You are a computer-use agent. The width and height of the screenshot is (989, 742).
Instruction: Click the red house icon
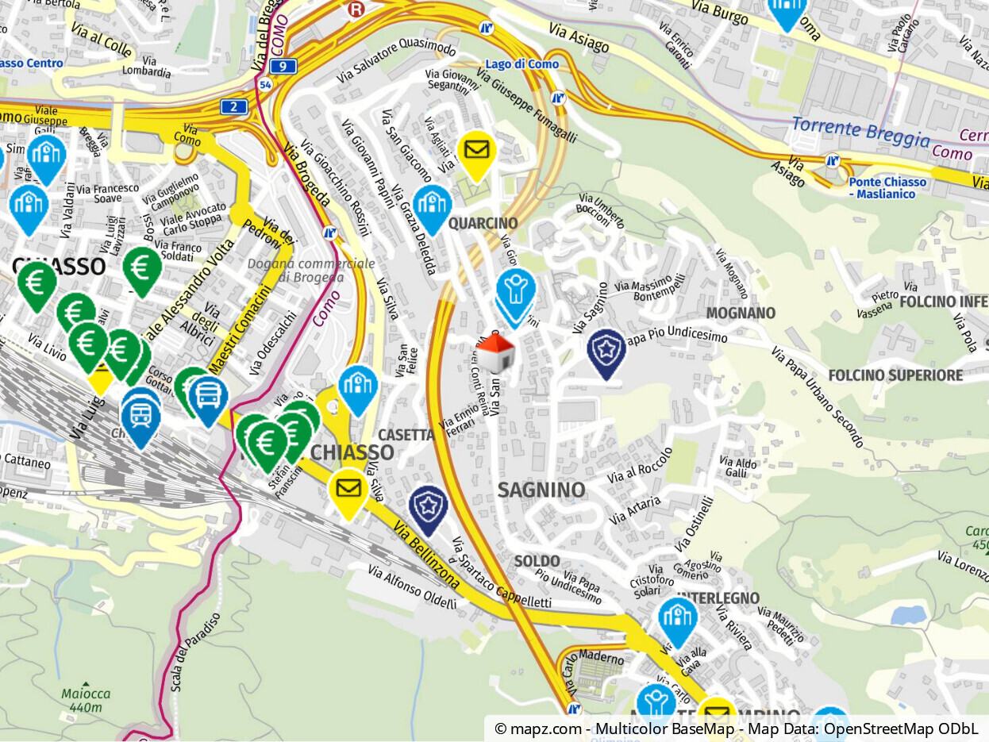pos(495,352)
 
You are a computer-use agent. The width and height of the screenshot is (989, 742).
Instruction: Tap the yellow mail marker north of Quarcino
pos(477,152)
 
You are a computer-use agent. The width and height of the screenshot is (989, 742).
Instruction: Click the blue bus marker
pos(209,395)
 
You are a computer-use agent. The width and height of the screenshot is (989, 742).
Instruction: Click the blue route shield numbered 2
pos(234,106)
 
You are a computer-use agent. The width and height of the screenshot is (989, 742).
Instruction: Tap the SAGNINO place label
pos(541,490)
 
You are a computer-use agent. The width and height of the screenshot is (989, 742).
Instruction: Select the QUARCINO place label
pos(483,223)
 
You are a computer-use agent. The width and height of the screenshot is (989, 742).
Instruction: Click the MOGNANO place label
pos(741,313)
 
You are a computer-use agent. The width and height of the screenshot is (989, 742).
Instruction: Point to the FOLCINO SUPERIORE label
pos(895,375)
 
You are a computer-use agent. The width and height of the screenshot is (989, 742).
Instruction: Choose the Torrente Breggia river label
pos(860,133)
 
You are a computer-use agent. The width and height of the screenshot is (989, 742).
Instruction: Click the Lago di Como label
pos(521,63)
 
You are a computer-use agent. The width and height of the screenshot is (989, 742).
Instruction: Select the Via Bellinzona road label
pos(425,556)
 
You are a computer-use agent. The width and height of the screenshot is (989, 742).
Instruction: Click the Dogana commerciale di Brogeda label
pos(310,270)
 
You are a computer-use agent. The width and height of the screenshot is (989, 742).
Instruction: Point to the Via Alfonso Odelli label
pos(412,587)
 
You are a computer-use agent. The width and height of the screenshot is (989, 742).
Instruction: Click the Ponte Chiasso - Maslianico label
pos(887,187)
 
